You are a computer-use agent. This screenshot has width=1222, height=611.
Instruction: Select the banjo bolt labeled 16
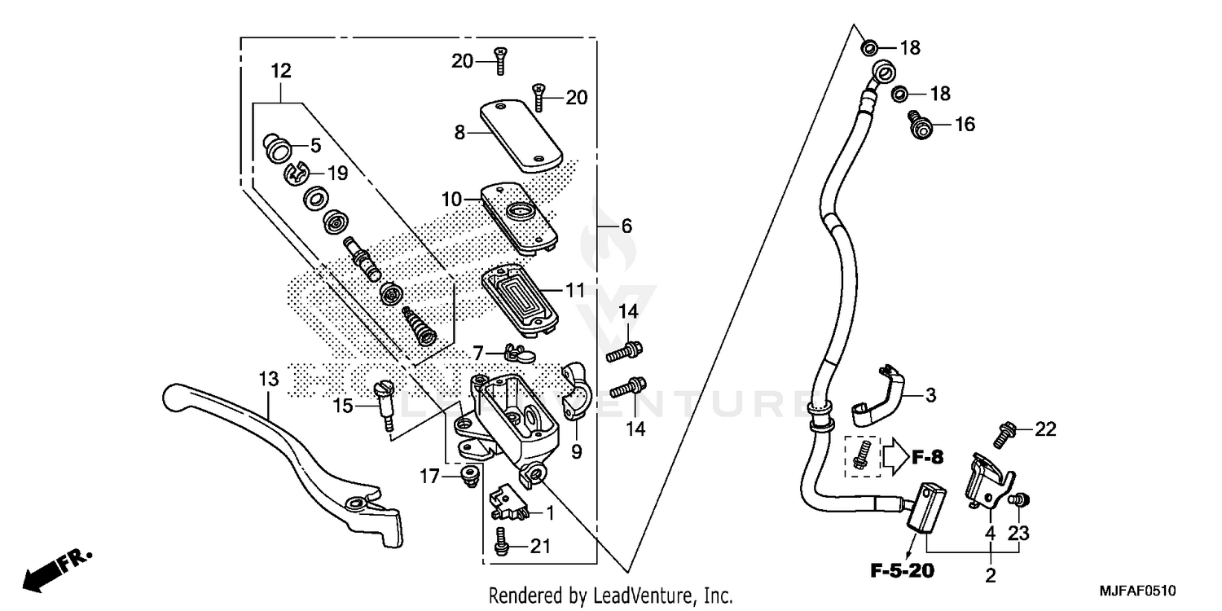tap(919, 124)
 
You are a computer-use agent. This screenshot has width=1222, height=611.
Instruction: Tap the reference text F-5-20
tap(900, 570)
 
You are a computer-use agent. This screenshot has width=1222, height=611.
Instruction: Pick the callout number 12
tap(281, 71)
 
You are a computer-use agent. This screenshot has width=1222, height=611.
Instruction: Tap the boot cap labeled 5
tap(279, 149)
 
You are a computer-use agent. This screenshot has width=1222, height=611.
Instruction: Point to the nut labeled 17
tap(468, 476)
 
